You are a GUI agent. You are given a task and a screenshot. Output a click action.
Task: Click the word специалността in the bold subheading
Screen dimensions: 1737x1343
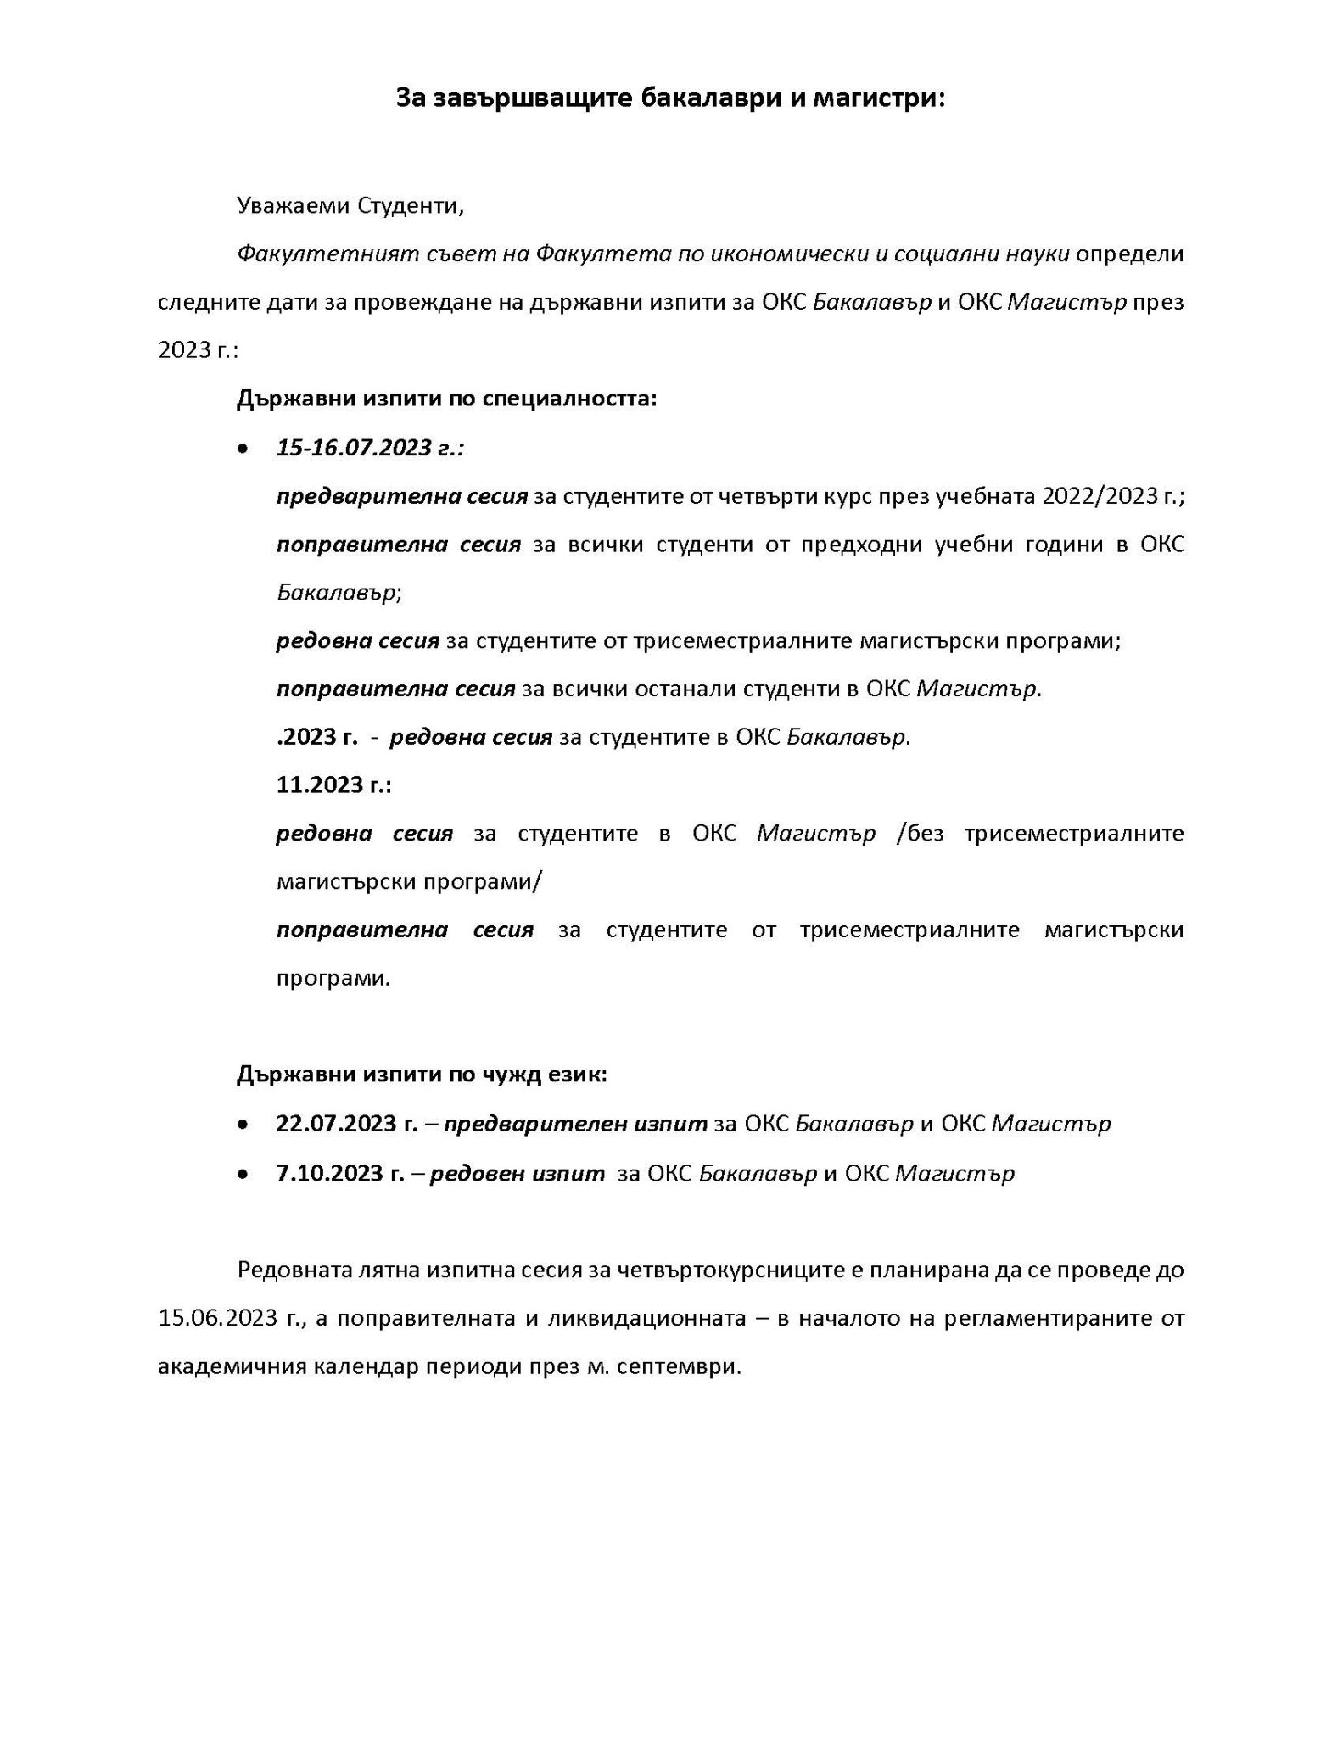point(569,399)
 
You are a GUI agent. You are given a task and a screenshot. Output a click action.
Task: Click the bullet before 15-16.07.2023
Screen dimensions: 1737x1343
point(243,449)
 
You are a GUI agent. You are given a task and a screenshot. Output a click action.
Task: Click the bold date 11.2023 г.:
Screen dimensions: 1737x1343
point(333,785)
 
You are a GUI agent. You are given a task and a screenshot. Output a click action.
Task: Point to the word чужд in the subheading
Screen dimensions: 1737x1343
point(479,1075)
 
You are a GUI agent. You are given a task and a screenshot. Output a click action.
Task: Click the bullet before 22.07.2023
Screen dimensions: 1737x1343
point(243,1125)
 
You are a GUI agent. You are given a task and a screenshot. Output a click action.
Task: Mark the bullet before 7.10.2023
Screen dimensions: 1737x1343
point(243,1175)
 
